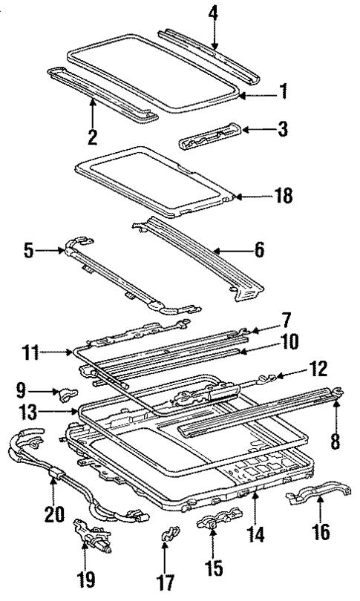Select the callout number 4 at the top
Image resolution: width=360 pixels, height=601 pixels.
[213, 13]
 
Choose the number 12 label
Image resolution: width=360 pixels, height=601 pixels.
[320, 368]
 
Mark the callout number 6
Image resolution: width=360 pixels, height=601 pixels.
[258, 251]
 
